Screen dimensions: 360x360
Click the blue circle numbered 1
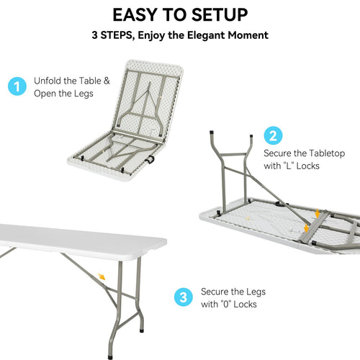pyautogui.click(x=17, y=87)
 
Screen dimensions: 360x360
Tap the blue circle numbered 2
pyautogui.click(x=273, y=135)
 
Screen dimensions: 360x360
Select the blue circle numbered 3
pyautogui.click(x=184, y=297)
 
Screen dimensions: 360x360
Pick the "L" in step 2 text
pyautogui.click(x=289, y=166)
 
